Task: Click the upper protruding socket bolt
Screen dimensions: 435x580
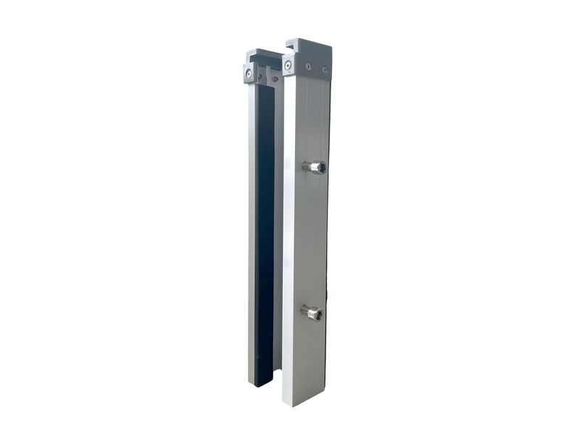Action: pos(315,167)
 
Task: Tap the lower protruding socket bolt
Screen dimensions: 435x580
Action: pos(312,312)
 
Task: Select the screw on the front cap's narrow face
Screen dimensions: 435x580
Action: pos(289,65)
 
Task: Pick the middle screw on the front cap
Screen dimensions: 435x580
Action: pos(308,67)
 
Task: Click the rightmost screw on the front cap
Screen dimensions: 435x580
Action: pos(324,70)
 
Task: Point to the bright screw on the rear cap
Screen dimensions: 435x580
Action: pos(249,72)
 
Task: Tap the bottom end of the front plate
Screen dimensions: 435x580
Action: pos(304,400)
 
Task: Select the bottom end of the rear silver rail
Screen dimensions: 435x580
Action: pos(252,380)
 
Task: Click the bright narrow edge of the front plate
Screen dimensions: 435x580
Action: pos(288,239)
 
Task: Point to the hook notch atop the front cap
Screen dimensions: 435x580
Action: pos(292,47)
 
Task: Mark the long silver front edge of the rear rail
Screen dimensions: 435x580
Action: pos(252,232)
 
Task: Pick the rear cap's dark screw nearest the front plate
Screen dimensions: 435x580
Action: pos(275,78)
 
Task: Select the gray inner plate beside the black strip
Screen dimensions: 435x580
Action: pos(278,232)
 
